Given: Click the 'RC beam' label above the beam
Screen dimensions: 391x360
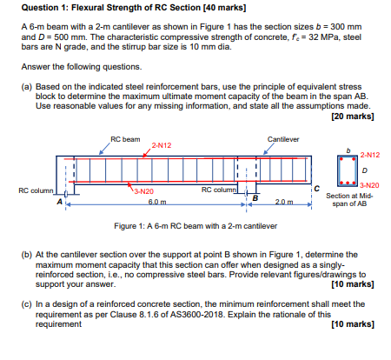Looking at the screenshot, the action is [x=125, y=138].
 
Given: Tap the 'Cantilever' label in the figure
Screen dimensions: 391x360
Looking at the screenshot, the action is [x=285, y=138].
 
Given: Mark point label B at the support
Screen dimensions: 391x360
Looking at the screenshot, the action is [x=255, y=198].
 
